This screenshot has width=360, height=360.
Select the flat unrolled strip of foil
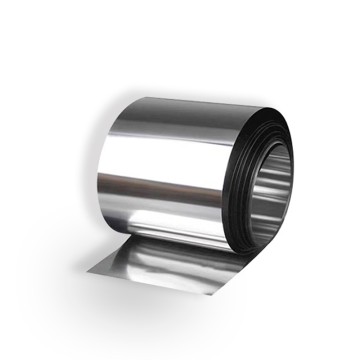click(x=160, y=268)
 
